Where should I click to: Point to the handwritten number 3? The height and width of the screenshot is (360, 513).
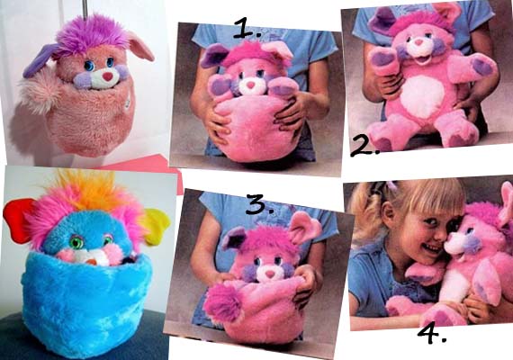[259, 204]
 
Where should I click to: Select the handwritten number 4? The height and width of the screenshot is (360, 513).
[432, 334]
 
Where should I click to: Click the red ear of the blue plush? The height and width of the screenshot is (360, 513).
[17, 220]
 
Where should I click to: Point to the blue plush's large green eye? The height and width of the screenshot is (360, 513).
[76, 242]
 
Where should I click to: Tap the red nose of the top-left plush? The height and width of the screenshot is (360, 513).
[107, 76]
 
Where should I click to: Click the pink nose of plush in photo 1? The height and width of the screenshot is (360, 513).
[250, 85]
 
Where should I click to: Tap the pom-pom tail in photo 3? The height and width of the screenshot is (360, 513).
[221, 301]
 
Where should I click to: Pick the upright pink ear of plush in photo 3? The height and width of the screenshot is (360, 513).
[303, 227]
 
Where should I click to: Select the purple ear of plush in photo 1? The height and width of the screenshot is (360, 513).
[211, 56]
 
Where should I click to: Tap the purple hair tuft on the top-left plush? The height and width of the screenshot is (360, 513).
[91, 36]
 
